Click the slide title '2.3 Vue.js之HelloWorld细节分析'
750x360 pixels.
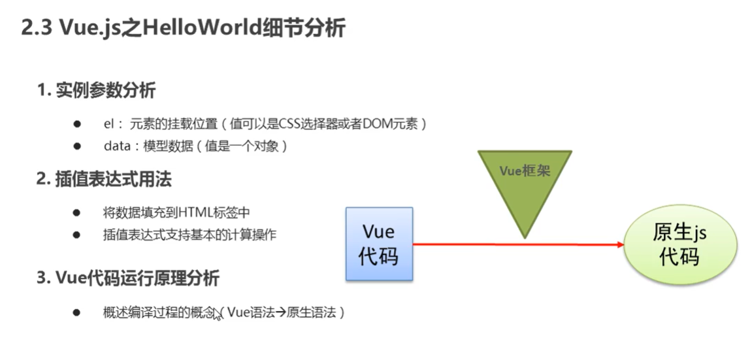pos(183,28)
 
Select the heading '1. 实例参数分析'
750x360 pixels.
pos(96,91)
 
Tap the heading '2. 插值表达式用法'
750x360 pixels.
pos(105,179)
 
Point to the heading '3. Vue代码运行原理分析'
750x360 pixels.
pos(128,278)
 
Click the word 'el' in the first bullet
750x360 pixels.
pos(109,123)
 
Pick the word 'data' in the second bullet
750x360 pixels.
pos(118,146)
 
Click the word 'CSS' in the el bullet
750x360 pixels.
pos(291,123)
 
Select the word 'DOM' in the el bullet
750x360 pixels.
pos(378,123)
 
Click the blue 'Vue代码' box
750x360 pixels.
pos(379,244)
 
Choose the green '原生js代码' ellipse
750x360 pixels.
pos(679,245)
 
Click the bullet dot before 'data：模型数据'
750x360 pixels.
pos(76,146)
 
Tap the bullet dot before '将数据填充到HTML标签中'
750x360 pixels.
pos(76,213)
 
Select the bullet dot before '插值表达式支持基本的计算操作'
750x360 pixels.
pos(76,235)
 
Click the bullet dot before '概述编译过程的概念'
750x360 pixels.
pos(76,313)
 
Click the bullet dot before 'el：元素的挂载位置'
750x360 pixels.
pos(76,123)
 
